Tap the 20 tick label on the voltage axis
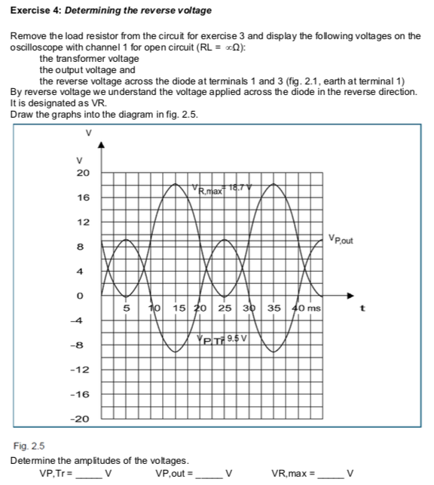[x=83, y=173]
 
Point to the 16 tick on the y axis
[x=83, y=198]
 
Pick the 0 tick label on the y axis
[x=85, y=296]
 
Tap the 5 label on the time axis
[x=127, y=308]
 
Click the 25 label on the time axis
[x=225, y=308]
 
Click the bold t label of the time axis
[x=366, y=308]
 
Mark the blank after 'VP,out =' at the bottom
[x=208, y=474]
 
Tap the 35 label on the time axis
[x=274, y=308]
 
